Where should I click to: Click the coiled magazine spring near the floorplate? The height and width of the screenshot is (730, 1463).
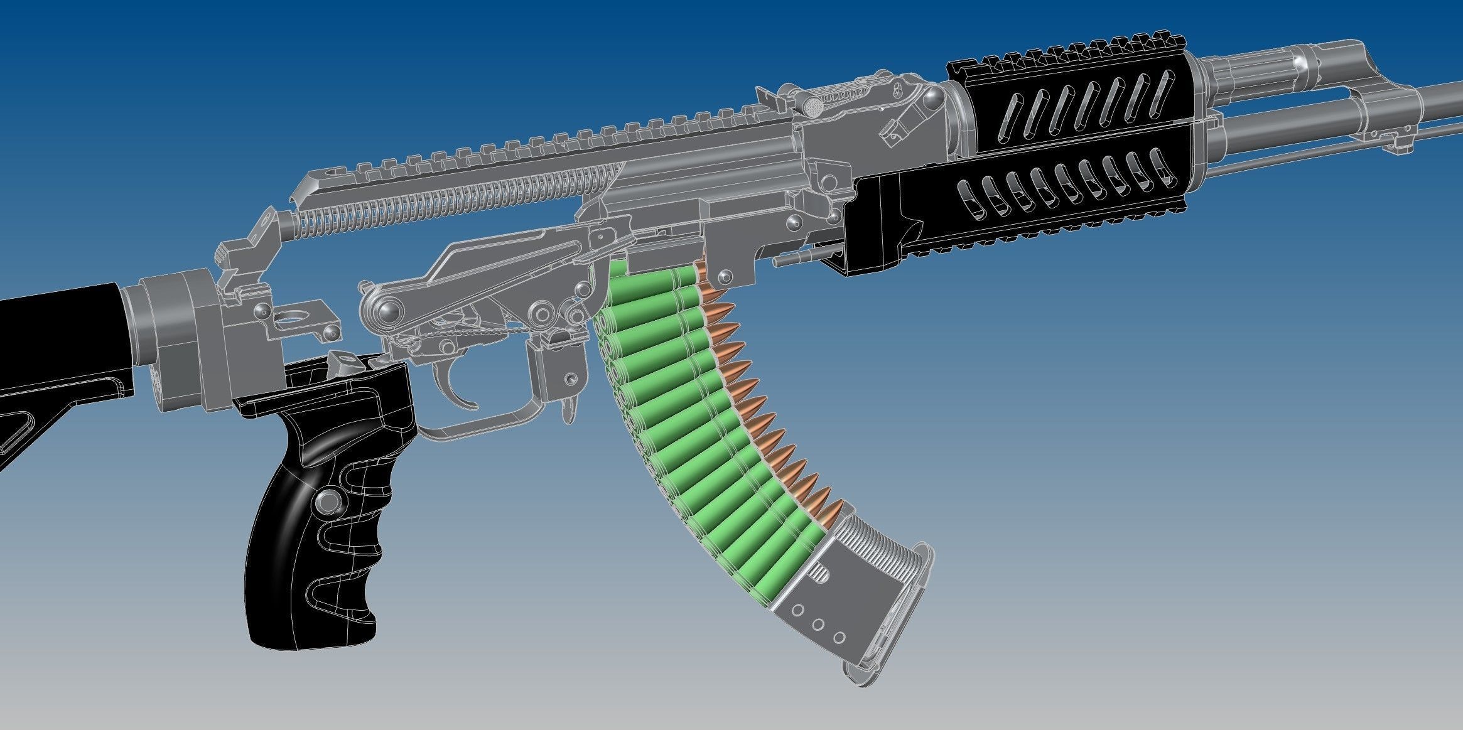[x=879, y=552]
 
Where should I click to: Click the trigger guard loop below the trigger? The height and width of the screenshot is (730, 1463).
[x=490, y=427]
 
